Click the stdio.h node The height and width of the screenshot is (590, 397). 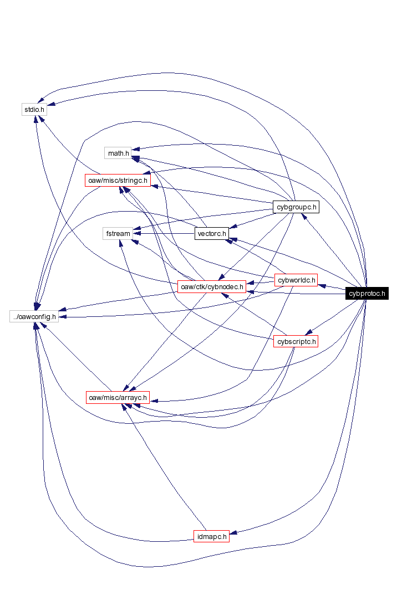pos(34,109)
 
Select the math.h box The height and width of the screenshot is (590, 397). pos(118,152)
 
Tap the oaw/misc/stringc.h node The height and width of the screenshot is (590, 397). pos(118,180)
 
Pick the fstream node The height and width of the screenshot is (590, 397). pos(118,233)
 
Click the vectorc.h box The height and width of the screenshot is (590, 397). pos(211,233)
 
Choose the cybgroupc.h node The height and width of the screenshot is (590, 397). pos(296,207)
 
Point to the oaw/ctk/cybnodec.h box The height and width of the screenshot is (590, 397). pos(211,286)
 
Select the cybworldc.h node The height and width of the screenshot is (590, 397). pos(296,280)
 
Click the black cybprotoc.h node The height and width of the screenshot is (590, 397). pos(367,293)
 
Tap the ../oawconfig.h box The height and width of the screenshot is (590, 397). pos(34,316)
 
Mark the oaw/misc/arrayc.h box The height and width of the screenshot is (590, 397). pos(118,397)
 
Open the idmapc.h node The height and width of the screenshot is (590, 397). pos(211,536)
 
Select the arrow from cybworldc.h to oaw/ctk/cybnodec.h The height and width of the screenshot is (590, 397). pos(261,283)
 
